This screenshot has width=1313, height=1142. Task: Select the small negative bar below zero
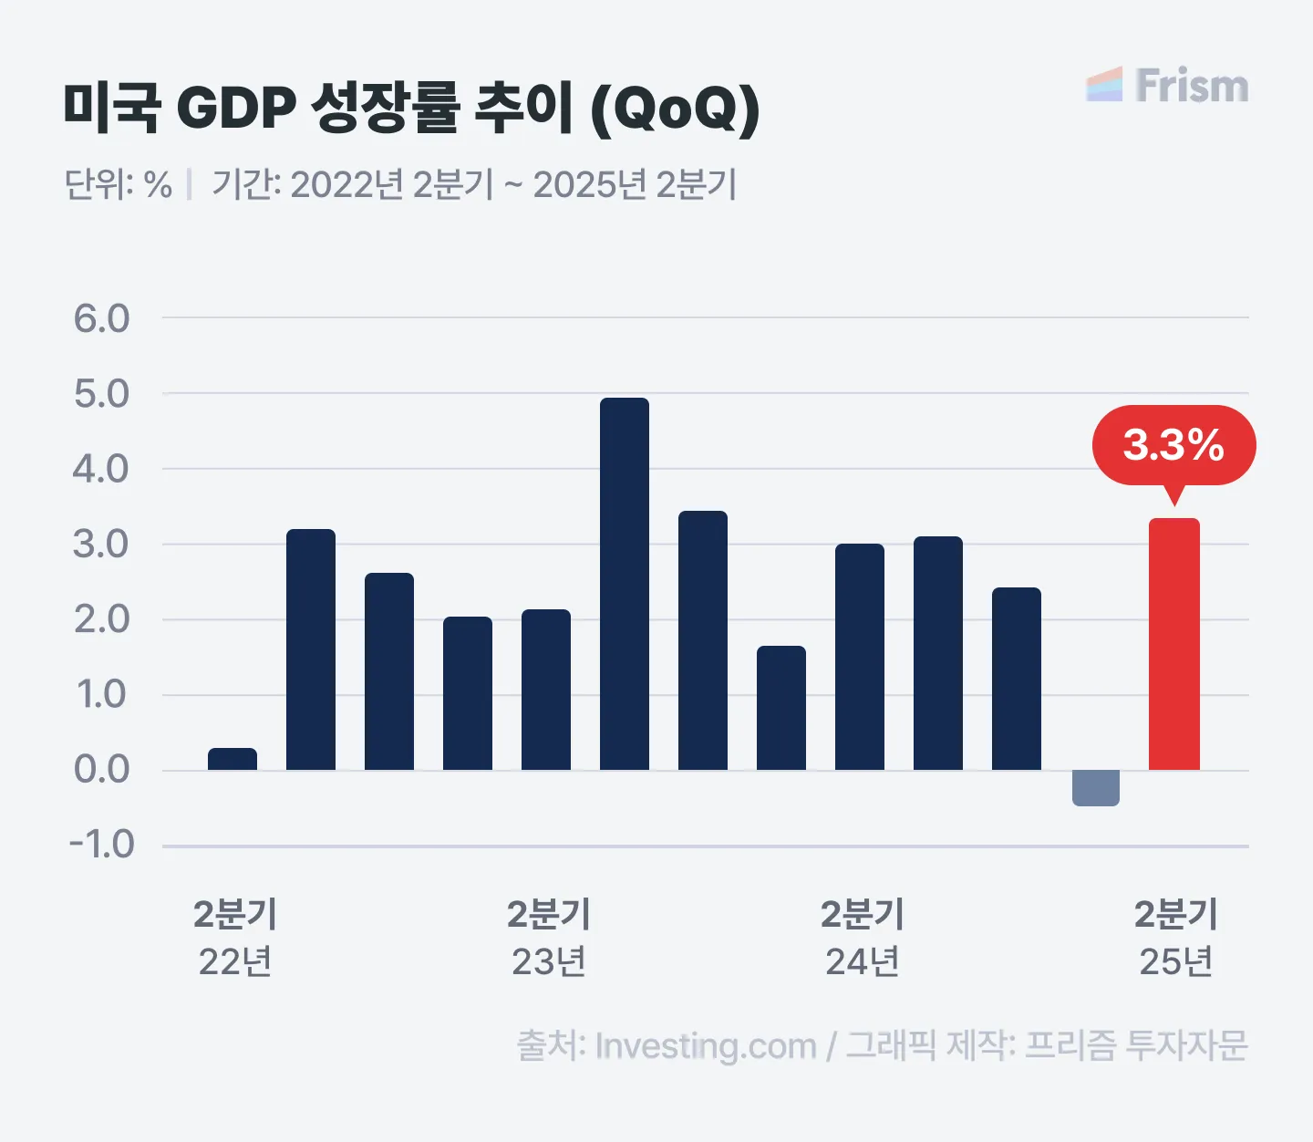coord(1095,787)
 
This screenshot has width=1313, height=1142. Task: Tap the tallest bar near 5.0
coord(625,584)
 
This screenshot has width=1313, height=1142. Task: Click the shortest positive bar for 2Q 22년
coord(233,759)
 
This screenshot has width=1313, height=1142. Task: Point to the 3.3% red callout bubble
coord(1173,445)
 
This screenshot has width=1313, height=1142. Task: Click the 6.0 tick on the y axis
coord(102,318)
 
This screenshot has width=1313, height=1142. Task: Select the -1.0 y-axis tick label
coord(102,845)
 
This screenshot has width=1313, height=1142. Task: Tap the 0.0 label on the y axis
coord(102,770)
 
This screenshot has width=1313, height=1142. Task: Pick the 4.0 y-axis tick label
coord(102,469)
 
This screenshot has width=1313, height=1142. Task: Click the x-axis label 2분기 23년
coord(548,938)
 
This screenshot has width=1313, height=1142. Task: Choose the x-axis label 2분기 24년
coord(862,938)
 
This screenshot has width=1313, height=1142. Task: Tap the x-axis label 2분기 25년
coord(1175,938)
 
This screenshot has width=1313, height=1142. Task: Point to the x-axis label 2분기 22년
coord(234,938)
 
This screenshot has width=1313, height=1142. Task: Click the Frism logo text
coord(1192,86)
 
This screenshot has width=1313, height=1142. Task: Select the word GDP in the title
coord(236,108)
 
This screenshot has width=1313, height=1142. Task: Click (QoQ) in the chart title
coord(675,108)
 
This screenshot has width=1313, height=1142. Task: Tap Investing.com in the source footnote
coord(705,1046)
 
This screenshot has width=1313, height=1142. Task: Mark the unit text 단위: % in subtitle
coord(119,184)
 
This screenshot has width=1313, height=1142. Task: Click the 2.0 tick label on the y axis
coord(102,619)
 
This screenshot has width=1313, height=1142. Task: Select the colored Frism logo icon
coord(1104,85)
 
